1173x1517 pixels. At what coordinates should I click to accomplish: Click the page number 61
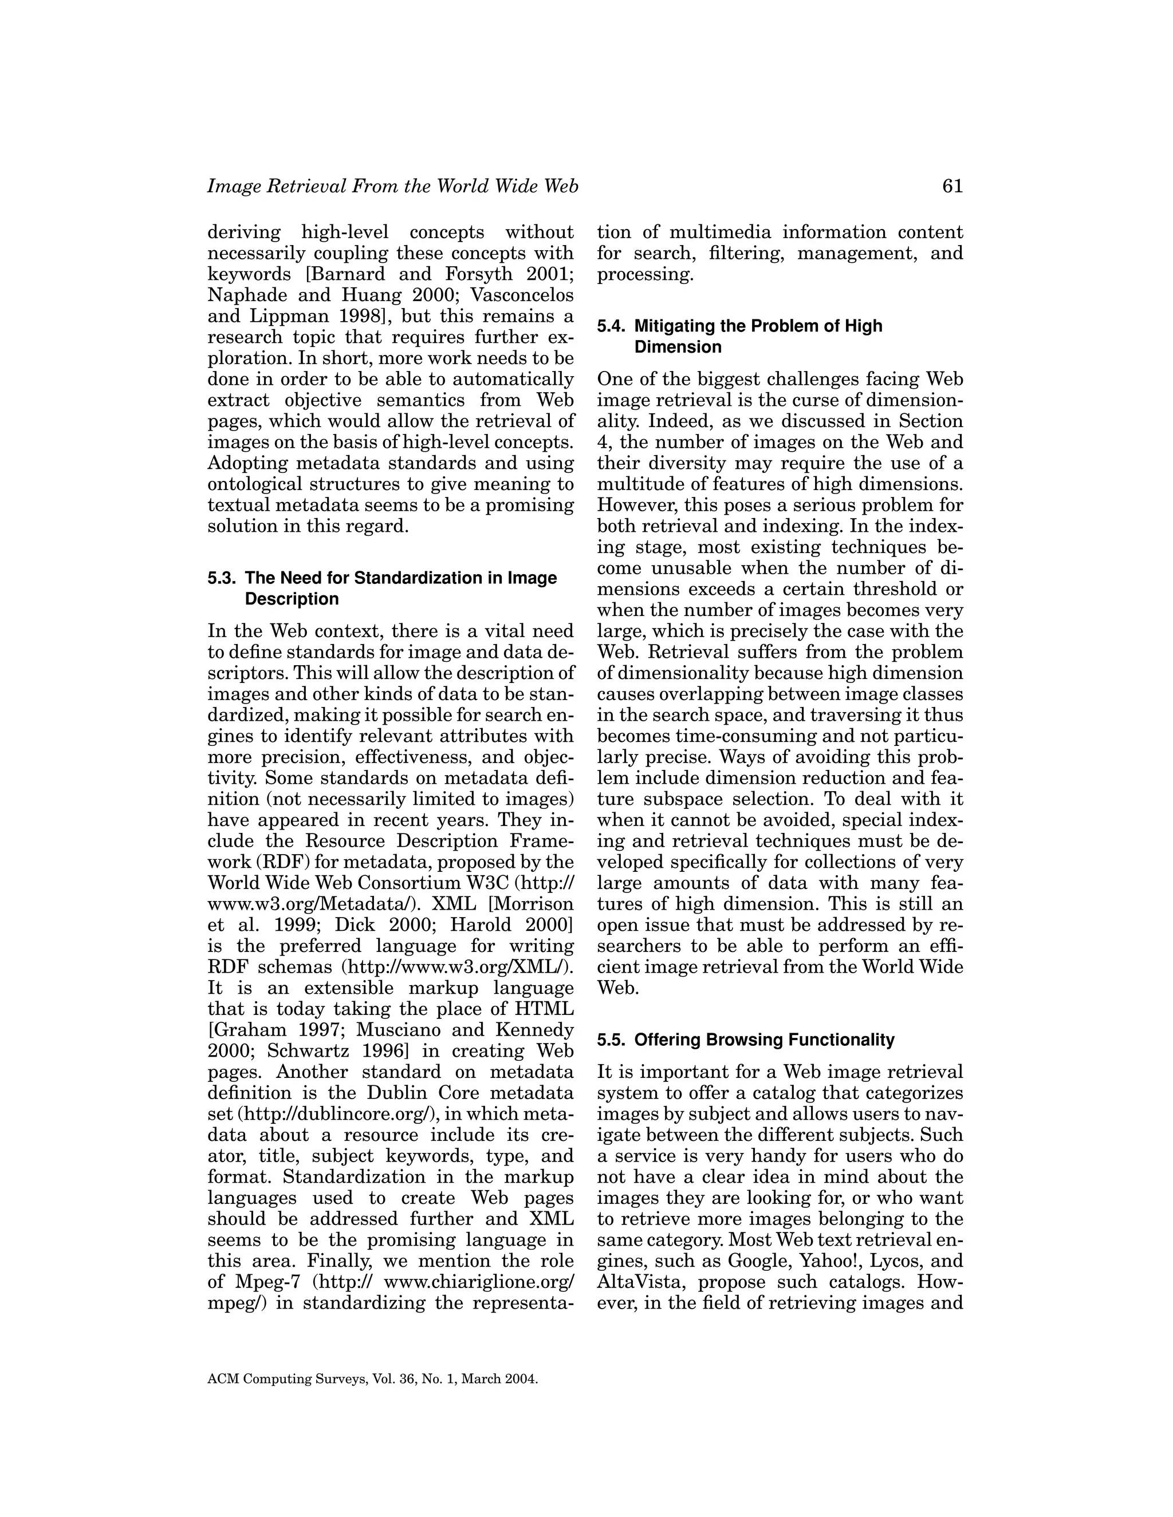(952, 187)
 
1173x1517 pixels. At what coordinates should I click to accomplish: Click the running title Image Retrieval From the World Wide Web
(392, 187)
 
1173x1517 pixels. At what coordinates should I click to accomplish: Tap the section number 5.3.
(222, 579)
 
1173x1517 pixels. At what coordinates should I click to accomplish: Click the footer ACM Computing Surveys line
(372, 1380)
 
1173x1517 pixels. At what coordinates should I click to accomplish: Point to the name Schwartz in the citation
(303, 1051)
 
